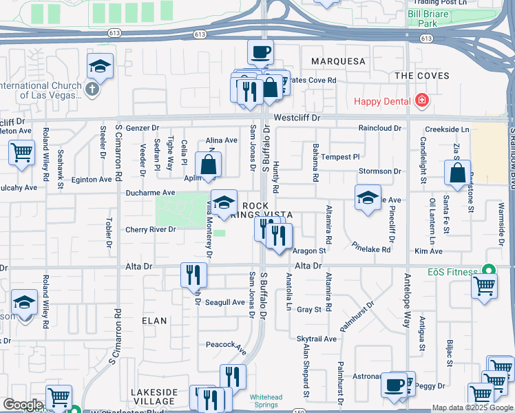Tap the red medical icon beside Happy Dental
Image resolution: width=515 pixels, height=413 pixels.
click(x=421, y=102)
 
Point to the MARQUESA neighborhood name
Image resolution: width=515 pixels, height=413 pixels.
click(x=338, y=61)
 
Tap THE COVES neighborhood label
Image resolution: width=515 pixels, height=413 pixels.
click(x=422, y=76)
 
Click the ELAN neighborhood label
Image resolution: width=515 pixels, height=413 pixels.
click(x=154, y=321)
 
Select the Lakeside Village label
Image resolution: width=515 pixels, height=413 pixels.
click(x=154, y=396)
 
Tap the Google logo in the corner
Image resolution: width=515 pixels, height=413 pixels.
click(x=23, y=405)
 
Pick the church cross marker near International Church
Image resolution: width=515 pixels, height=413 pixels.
click(x=92, y=88)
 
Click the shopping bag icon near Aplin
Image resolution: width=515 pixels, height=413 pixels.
click(x=208, y=165)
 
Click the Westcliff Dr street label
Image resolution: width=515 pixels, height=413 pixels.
click(x=297, y=118)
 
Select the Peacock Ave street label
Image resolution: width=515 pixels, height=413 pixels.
click(x=226, y=347)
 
